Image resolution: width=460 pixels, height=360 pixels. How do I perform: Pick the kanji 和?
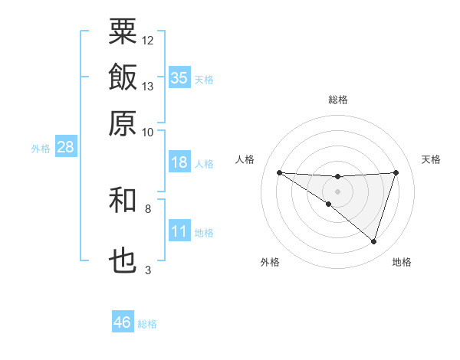click(x=123, y=201)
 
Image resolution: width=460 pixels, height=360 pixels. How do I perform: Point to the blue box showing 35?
click(x=179, y=77)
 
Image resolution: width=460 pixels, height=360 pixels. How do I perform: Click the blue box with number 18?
click(x=179, y=162)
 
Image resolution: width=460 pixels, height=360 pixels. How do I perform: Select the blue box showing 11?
click(x=179, y=231)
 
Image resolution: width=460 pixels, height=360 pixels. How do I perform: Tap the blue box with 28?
click(x=65, y=148)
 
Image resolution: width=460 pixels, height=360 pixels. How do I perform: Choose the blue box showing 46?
click(x=123, y=322)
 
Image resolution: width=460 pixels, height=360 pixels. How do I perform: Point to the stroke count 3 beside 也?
click(x=148, y=270)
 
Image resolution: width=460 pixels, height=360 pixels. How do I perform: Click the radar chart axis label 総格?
click(x=337, y=100)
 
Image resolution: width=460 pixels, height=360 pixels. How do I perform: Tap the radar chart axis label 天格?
click(x=431, y=159)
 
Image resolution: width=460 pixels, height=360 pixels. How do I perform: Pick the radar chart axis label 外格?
click(x=270, y=262)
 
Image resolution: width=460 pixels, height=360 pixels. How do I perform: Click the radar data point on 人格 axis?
click(x=279, y=172)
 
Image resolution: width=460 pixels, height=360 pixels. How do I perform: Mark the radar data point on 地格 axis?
click(x=373, y=241)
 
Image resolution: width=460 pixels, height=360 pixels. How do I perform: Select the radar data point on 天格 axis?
click(x=396, y=172)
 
